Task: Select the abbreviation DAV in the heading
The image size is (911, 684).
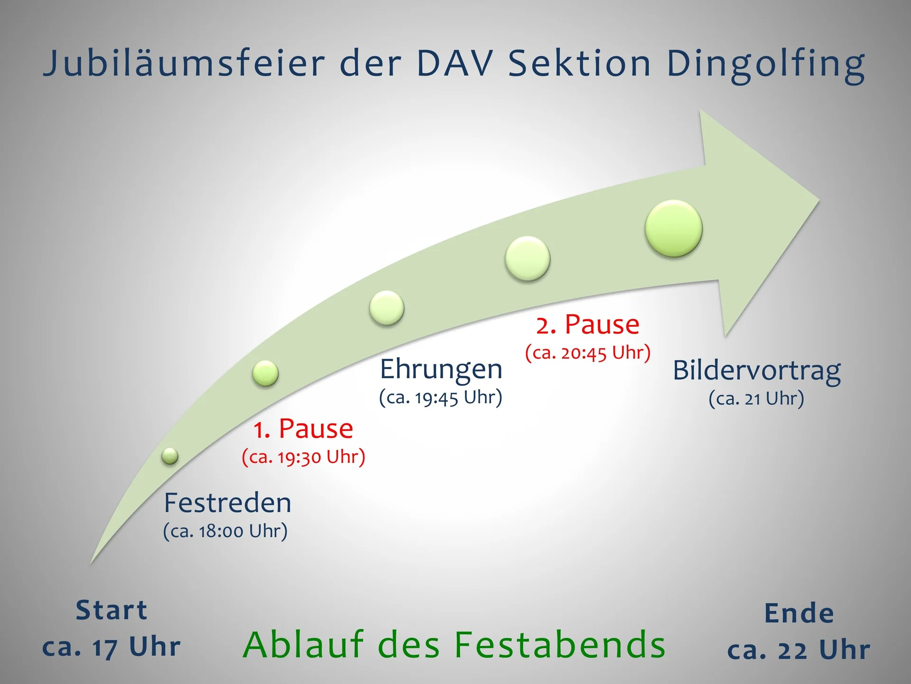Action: (x=455, y=64)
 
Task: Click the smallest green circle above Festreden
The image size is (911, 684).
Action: (x=170, y=456)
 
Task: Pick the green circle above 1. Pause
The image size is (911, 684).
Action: (x=265, y=373)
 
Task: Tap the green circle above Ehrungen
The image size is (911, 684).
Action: (x=387, y=308)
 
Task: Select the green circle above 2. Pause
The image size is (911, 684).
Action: (x=527, y=259)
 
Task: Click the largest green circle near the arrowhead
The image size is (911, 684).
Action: (x=674, y=228)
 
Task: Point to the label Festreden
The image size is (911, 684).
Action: (x=227, y=503)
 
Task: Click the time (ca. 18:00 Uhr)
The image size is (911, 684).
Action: (x=225, y=531)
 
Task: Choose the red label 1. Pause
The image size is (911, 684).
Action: (x=303, y=429)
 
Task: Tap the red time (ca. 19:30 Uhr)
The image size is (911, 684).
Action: (x=303, y=457)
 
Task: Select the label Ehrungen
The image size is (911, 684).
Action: (x=441, y=369)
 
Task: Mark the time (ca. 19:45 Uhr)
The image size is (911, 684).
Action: (x=440, y=398)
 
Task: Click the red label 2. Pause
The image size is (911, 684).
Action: (x=588, y=325)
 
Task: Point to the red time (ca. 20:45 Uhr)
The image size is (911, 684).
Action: (x=588, y=353)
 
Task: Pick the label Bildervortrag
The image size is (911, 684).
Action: (x=757, y=371)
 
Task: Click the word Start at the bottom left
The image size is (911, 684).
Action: (x=112, y=610)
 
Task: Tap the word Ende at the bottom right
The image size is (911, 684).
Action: (x=799, y=613)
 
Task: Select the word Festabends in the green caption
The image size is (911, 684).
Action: (x=560, y=645)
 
